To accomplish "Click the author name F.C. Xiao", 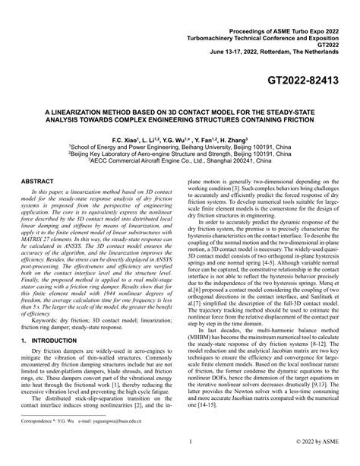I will [x=125, y=143].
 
